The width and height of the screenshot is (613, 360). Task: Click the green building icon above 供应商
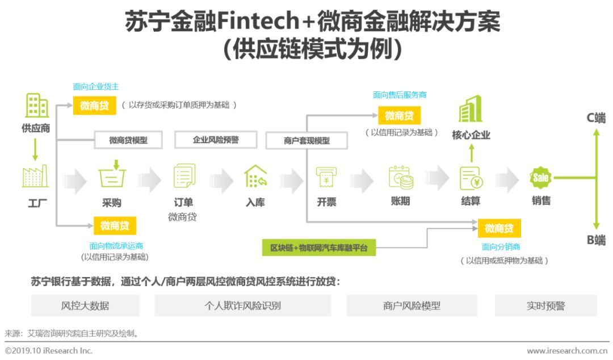pyautogui.click(x=37, y=106)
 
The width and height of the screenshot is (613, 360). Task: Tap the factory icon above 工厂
pyautogui.click(x=35, y=177)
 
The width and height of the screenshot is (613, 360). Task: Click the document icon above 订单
pyautogui.click(x=184, y=175)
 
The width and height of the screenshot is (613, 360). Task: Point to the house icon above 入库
pyautogui.click(x=255, y=177)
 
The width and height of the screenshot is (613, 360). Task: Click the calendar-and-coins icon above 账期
pyautogui.click(x=400, y=178)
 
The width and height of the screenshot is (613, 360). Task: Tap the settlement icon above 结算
pyautogui.click(x=471, y=178)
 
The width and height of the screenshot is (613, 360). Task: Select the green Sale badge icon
pyautogui.click(x=541, y=178)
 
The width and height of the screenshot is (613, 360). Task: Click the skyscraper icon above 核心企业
pyautogui.click(x=471, y=109)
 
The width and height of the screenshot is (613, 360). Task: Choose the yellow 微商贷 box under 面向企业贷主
pyautogui.click(x=94, y=106)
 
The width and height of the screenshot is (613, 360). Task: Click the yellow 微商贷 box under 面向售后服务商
pyautogui.click(x=399, y=116)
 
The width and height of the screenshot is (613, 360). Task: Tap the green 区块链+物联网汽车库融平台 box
pyautogui.click(x=318, y=248)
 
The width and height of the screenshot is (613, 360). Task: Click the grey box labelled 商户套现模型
pyautogui.click(x=306, y=140)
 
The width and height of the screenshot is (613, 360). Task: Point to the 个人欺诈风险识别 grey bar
pyautogui.click(x=242, y=305)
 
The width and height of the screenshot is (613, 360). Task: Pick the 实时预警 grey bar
pyautogui.click(x=545, y=305)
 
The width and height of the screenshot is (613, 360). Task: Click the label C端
pyautogui.click(x=596, y=118)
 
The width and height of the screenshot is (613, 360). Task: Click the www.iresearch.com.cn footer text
pyautogui.click(x=568, y=351)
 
